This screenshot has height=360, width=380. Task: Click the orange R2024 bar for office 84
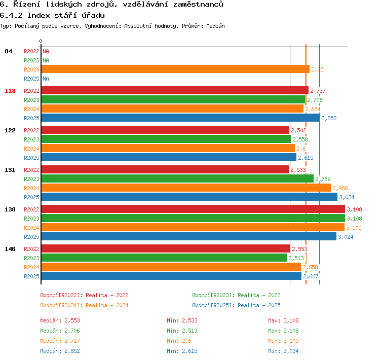click(x=175, y=69)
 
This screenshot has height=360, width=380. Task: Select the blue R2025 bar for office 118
click(x=180, y=118)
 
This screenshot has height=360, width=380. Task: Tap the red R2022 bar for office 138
click(x=193, y=209)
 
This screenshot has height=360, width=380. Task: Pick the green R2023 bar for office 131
click(x=177, y=179)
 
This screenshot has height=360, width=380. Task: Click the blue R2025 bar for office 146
click(x=171, y=276)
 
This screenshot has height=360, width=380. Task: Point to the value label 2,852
click(x=329, y=118)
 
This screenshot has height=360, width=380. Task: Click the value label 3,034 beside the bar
click(x=347, y=197)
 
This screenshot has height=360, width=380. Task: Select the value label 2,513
click(x=296, y=258)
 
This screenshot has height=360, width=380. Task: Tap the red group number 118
click(x=10, y=91)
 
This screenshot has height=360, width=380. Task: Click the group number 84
click(x=8, y=51)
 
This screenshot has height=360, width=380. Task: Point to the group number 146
click(x=10, y=249)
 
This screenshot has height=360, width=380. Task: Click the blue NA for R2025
click(x=46, y=79)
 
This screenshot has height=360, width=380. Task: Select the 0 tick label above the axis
click(x=41, y=41)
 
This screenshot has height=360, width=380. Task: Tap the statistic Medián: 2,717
click(x=60, y=341)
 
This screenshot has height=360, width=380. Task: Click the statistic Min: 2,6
click(x=179, y=341)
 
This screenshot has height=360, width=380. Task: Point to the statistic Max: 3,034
click(x=283, y=351)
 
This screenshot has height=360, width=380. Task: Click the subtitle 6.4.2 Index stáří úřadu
click(x=52, y=16)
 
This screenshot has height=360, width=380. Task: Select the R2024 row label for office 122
click(x=31, y=149)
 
